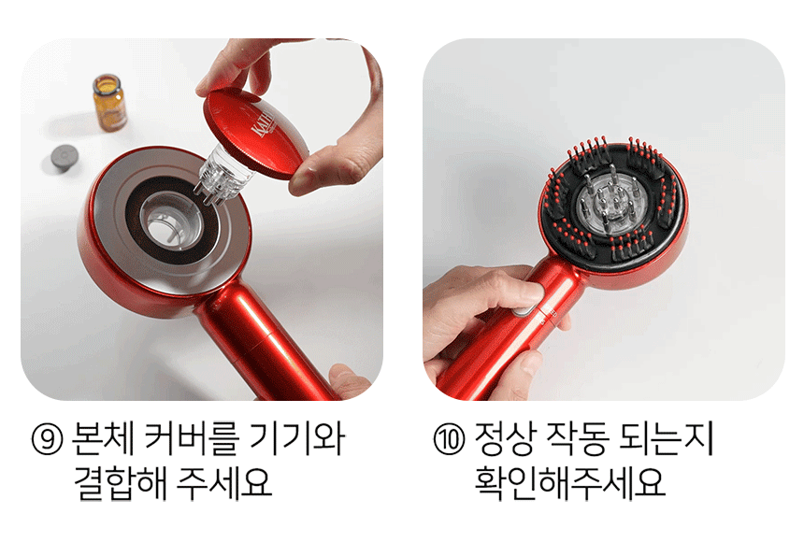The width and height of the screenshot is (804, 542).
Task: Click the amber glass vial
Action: coord(109,103)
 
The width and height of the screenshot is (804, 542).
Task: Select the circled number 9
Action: coord(47,439)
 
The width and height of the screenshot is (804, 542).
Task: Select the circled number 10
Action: coord(449,439)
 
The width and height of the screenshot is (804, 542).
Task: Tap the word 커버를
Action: coord(192,439)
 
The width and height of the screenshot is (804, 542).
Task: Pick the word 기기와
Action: coord(297,439)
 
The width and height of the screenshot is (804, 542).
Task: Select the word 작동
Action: coord(577,439)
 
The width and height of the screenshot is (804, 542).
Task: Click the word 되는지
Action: coord(666,439)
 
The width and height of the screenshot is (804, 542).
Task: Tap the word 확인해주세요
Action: coord(569,482)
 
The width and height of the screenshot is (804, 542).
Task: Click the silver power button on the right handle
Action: coord(523,310)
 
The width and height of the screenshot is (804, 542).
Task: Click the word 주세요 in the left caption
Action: coord(223,482)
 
